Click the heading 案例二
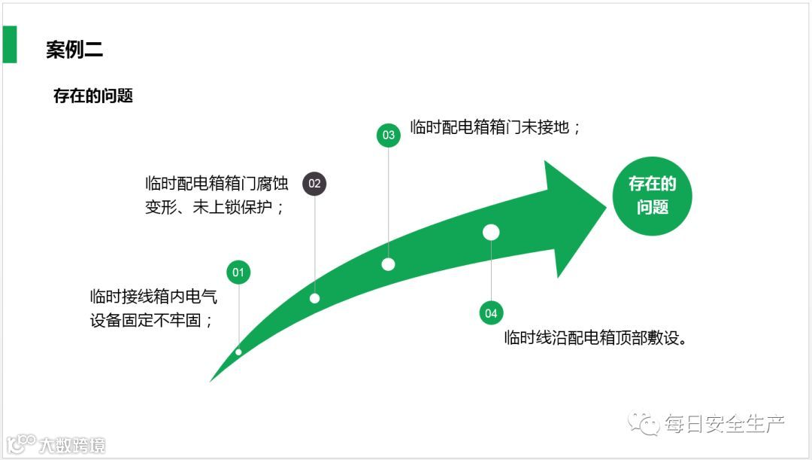pos(74,50)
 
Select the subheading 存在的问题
pos(93,96)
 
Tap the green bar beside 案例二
pos(9,44)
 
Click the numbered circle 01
pos(238,272)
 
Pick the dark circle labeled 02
pos(314,183)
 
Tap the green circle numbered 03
pos(388,136)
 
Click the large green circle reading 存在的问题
pos(652,195)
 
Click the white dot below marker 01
pos(238,352)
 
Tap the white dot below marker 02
pos(314,298)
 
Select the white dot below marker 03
pos(388,264)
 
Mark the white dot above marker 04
pos(491,233)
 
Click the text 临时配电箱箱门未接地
pos(495,127)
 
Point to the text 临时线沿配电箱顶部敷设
pos(596,337)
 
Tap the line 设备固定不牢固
pos(151,320)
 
